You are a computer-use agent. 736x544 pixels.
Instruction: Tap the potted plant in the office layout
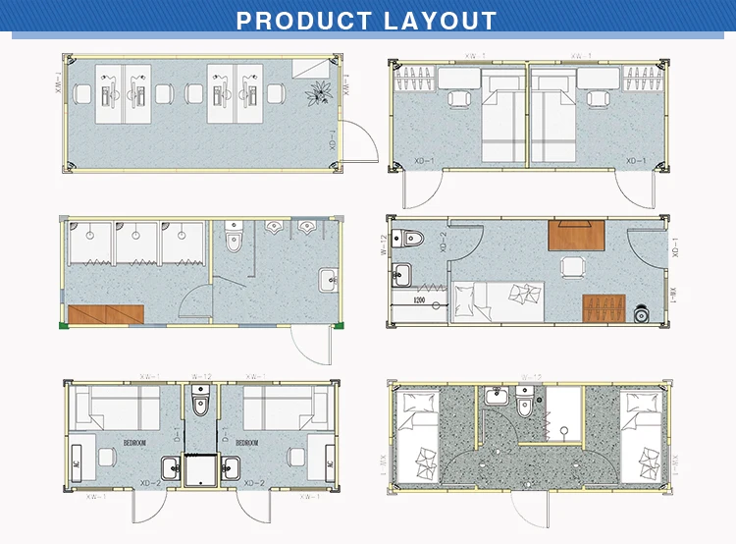[x=317, y=92]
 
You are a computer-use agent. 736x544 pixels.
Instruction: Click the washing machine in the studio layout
[x=640, y=313]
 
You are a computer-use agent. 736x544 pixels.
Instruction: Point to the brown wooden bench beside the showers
[x=106, y=314]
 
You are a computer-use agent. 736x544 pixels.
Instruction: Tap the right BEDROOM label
[x=246, y=443]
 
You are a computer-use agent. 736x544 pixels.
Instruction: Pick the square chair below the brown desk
[x=569, y=266]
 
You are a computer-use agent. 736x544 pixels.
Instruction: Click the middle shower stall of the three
[x=136, y=241]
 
